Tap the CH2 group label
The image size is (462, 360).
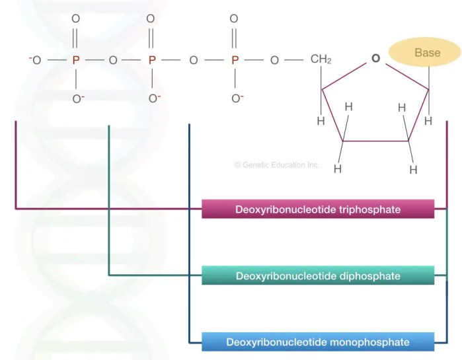click(321, 60)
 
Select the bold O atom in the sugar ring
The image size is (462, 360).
click(375, 59)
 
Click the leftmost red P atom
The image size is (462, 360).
click(75, 60)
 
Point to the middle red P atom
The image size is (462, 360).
click(152, 60)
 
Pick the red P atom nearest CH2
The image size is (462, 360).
click(234, 60)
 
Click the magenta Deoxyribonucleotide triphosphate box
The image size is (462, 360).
click(318, 209)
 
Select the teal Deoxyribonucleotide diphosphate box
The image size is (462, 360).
click(318, 275)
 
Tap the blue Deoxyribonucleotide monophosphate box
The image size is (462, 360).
click(318, 342)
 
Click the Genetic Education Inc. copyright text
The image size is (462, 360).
click(277, 164)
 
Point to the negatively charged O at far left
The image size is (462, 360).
click(35, 60)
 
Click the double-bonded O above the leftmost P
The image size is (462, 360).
click(75, 18)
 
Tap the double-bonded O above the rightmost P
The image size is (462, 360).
click(234, 18)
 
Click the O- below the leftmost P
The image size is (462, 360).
click(77, 99)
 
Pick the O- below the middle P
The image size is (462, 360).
click(154, 99)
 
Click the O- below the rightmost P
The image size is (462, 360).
click(237, 99)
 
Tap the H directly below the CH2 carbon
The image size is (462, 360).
click(321, 121)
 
